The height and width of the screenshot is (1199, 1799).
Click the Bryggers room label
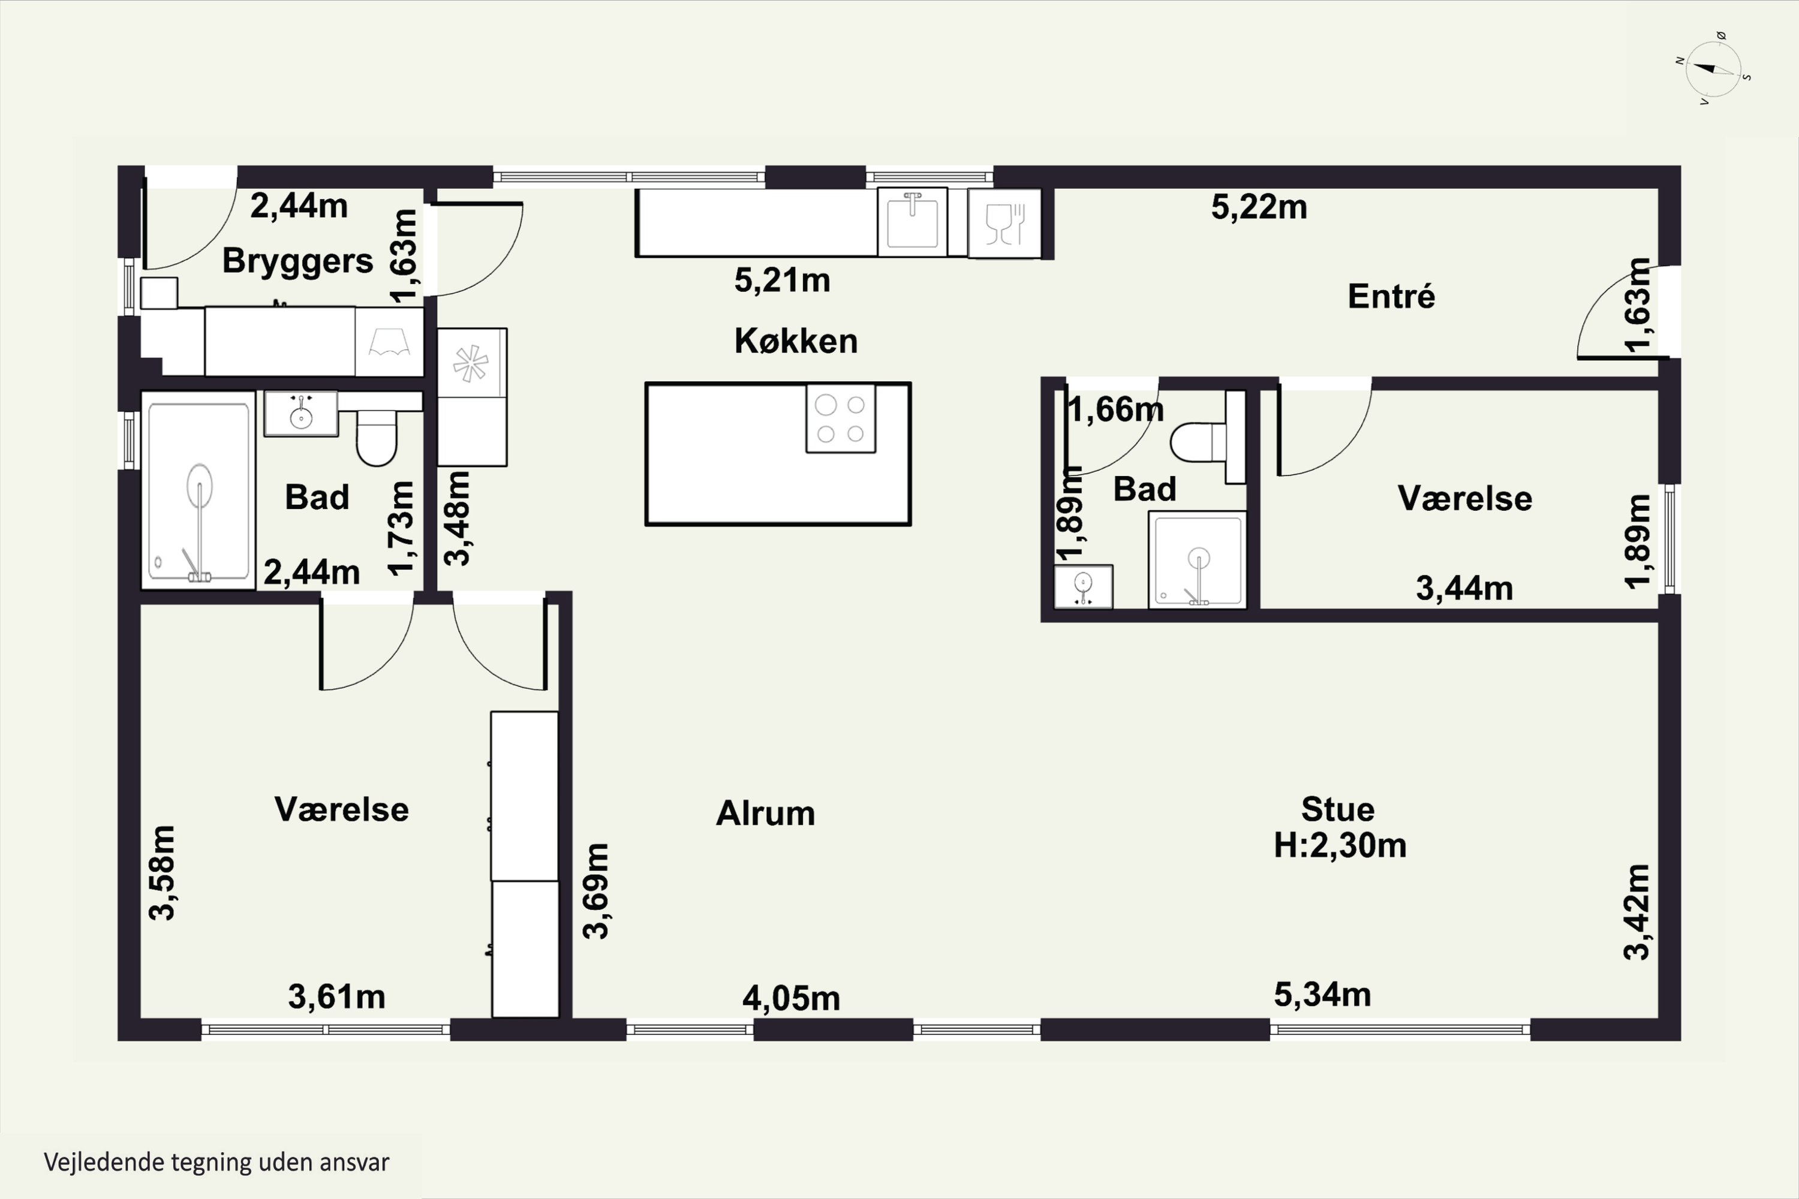click(297, 261)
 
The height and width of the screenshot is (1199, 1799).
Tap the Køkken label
click(796, 341)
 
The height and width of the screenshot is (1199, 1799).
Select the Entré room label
click(1391, 296)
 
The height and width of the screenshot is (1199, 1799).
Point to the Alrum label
click(765, 814)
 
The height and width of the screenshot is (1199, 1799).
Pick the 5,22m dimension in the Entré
click(1259, 207)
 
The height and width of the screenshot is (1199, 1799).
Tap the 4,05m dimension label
click(791, 999)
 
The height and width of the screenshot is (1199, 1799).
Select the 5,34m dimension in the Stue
click(1322, 995)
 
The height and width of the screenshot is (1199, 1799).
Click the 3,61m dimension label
click(336, 997)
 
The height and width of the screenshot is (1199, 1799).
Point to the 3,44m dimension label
click(1464, 589)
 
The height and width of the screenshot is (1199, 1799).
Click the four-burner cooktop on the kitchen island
click(841, 418)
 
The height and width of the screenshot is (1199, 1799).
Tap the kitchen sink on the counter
click(913, 222)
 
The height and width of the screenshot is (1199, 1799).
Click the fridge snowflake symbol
click(471, 363)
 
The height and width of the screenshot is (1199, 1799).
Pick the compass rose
click(1713, 69)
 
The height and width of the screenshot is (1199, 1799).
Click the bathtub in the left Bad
click(198, 490)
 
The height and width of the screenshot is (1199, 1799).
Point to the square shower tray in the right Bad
click(1198, 560)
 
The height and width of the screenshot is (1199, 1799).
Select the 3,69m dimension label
click(597, 891)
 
